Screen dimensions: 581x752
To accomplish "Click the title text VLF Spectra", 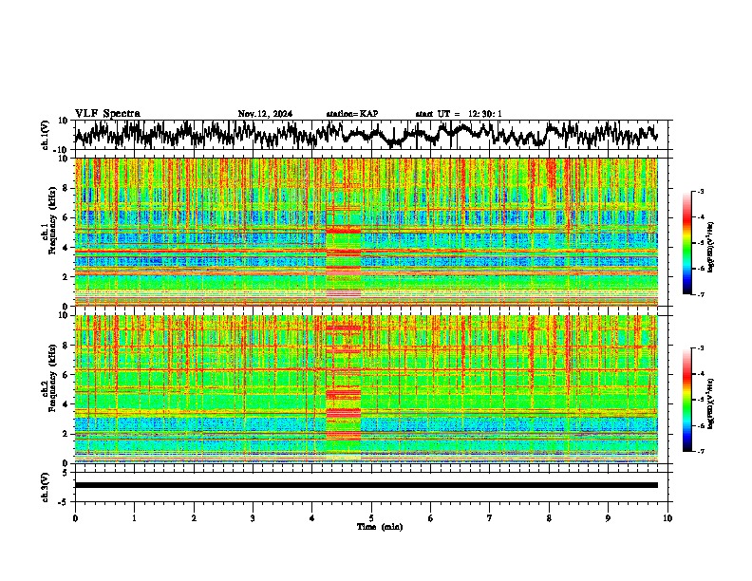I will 107,113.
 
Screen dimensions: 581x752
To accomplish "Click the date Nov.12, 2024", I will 265,114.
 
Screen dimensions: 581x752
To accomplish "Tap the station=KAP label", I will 352,114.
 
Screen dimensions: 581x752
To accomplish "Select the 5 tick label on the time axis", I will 371,517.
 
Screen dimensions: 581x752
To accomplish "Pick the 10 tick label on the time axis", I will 667,517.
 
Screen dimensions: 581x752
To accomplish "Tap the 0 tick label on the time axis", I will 75,517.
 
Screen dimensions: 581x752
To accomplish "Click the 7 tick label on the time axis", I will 490,517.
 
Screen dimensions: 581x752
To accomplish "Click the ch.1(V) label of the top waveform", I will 46,136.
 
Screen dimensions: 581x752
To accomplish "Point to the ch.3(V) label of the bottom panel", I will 46,485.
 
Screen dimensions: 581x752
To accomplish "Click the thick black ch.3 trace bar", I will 366,485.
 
